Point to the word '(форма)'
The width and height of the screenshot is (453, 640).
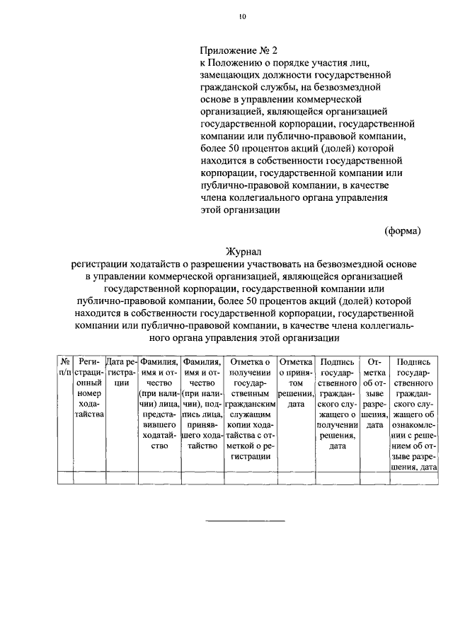coord(402,231)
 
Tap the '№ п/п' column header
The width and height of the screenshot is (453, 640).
coord(64,367)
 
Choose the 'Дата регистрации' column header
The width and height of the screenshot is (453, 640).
coord(120,372)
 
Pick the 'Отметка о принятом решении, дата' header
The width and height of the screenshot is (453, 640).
coord(296,383)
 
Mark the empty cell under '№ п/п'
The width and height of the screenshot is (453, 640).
coord(64,477)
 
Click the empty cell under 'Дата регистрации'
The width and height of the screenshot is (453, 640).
coord(120,477)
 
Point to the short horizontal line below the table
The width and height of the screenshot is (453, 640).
coord(245,521)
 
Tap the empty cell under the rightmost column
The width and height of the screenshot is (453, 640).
coord(417,477)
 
